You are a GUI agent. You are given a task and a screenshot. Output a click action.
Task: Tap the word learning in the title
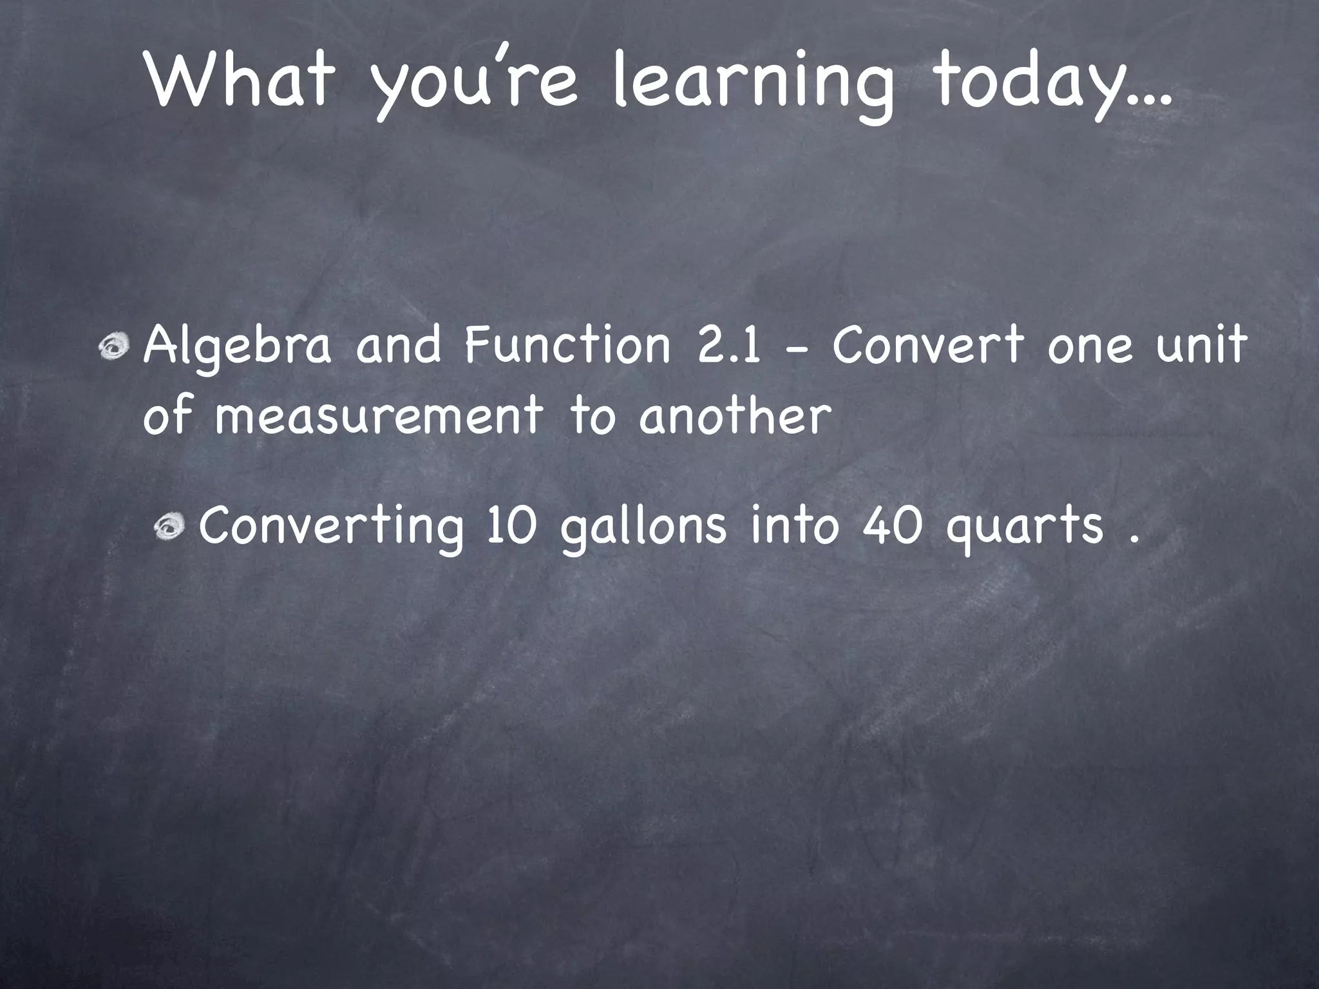coord(752,84)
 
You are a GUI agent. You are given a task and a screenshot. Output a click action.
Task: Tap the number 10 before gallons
coord(512,525)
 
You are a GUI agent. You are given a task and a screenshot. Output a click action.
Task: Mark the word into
coord(796,525)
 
